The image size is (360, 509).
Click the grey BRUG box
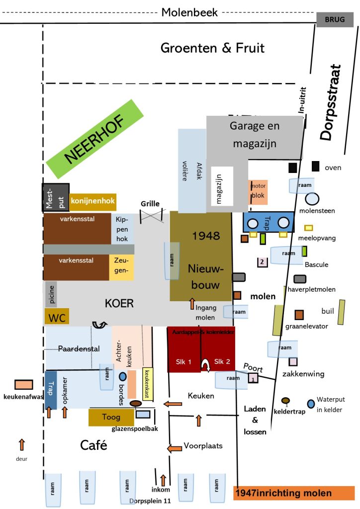(335, 19)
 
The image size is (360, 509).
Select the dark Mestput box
(55, 197)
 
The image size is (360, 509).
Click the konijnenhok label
(93, 201)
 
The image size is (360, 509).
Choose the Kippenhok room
(122, 229)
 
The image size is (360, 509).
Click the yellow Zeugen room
(121, 267)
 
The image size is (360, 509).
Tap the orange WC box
(57, 317)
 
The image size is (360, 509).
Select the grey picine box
(51, 294)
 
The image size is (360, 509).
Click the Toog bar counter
(111, 417)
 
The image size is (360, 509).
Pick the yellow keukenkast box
(148, 384)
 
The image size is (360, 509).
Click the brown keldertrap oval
(285, 401)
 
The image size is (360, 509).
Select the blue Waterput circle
(311, 404)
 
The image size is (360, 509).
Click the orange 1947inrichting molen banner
(293, 493)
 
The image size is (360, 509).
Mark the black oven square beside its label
(315, 166)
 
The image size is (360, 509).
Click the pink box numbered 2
(261, 261)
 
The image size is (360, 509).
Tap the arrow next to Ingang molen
(192, 303)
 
